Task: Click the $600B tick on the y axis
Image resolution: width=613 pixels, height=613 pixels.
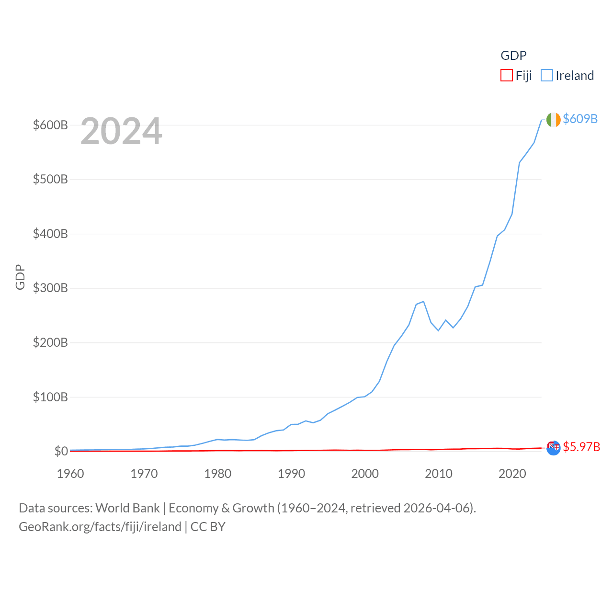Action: pyautogui.click(x=50, y=125)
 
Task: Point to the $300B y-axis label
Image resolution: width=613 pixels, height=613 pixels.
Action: pyautogui.click(x=50, y=288)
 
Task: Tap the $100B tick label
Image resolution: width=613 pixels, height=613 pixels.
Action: pyautogui.click(x=50, y=397)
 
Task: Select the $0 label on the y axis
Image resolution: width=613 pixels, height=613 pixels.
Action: pyautogui.click(x=61, y=451)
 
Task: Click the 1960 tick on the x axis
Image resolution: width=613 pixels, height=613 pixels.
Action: pyautogui.click(x=70, y=474)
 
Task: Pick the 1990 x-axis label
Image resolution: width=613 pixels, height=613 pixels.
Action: pyautogui.click(x=291, y=474)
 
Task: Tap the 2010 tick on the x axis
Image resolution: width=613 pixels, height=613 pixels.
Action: pyautogui.click(x=439, y=474)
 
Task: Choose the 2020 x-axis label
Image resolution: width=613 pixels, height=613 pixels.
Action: pyautogui.click(x=512, y=474)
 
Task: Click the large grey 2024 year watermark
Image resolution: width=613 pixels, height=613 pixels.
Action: pyautogui.click(x=121, y=131)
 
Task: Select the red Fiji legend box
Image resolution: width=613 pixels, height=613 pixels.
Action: pyautogui.click(x=506, y=76)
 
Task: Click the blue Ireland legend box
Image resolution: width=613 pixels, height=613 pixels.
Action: pyautogui.click(x=546, y=76)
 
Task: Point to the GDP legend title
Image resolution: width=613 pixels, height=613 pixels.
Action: pyautogui.click(x=513, y=56)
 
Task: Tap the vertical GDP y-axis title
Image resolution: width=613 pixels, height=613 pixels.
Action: pyautogui.click(x=20, y=277)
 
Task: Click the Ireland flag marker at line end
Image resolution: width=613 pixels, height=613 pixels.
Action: pyautogui.click(x=553, y=120)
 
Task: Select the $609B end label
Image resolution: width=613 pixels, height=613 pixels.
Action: pyautogui.click(x=580, y=119)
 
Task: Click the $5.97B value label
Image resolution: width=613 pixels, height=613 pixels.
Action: pyautogui.click(x=581, y=447)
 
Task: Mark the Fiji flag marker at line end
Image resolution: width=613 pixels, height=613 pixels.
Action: pyautogui.click(x=553, y=447)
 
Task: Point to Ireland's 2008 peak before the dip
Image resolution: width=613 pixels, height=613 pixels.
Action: pyautogui.click(x=423, y=302)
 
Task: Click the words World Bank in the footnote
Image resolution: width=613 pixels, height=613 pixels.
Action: pyautogui.click(x=127, y=508)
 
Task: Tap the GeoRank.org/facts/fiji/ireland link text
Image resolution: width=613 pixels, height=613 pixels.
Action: pyautogui.click(x=100, y=527)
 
